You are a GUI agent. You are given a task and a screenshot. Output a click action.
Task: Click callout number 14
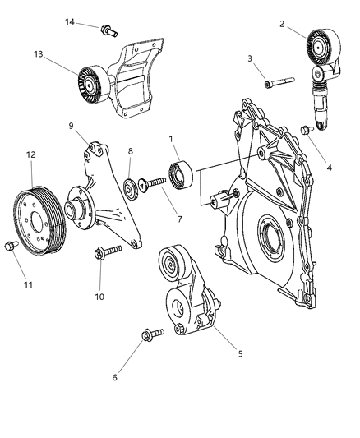pyautogui.click(x=71, y=21)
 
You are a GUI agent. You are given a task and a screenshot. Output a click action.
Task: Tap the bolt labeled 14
pyautogui.click(x=107, y=31)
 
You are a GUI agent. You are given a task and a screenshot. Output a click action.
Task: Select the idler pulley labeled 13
pyautogui.click(x=88, y=79)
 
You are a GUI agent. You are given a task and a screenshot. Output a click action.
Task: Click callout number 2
pyautogui.click(x=282, y=24)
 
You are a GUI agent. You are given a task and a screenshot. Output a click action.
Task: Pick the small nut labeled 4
pyautogui.click(x=307, y=129)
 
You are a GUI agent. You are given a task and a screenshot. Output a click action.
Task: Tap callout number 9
pyautogui.click(x=72, y=125)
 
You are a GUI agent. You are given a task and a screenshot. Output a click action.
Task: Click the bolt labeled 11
pyautogui.click(x=11, y=244)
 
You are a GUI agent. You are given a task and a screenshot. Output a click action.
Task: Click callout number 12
pyautogui.click(x=31, y=154)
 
